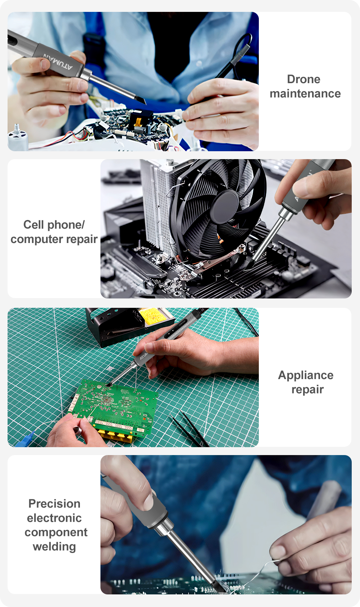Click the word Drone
point(303,80)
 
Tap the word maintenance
point(305,94)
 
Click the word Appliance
point(306,376)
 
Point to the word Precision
point(54,504)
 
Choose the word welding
point(54,547)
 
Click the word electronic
point(54,518)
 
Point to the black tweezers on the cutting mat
point(190,428)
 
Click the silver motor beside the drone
point(18,137)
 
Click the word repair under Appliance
point(307,390)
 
